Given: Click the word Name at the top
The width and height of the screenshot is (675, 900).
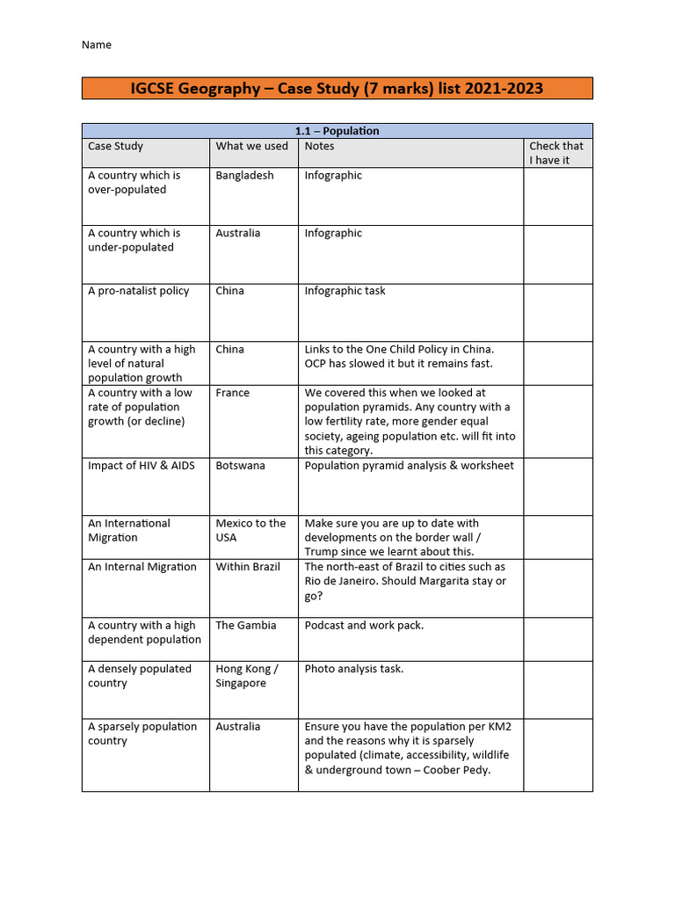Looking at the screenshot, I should click(x=97, y=45).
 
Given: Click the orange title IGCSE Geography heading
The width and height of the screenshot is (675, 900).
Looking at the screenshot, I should click(x=337, y=88).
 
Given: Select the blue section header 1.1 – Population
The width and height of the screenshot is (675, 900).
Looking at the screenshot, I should click(x=337, y=131).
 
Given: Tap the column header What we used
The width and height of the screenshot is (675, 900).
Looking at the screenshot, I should click(x=251, y=146).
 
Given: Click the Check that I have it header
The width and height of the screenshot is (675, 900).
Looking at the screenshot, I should click(x=555, y=153).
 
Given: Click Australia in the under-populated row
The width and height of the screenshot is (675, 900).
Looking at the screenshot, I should click(x=237, y=233).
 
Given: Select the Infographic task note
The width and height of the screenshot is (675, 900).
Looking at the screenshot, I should click(x=345, y=291).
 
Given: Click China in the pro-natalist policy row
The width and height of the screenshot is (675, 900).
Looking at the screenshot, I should click(x=229, y=291).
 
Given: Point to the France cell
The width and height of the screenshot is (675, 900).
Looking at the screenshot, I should click(x=232, y=393).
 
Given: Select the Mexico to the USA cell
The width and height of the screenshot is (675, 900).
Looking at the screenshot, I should click(x=250, y=530).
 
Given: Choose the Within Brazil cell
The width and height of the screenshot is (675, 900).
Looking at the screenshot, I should click(x=248, y=567).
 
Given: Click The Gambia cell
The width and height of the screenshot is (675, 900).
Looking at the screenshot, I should click(x=245, y=626).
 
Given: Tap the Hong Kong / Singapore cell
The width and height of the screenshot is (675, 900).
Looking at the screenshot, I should click(x=246, y=676).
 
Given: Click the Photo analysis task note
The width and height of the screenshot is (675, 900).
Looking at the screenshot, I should click(x=354, y=669).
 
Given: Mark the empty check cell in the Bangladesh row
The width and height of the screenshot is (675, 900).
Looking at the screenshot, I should click(x=557, y=196).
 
